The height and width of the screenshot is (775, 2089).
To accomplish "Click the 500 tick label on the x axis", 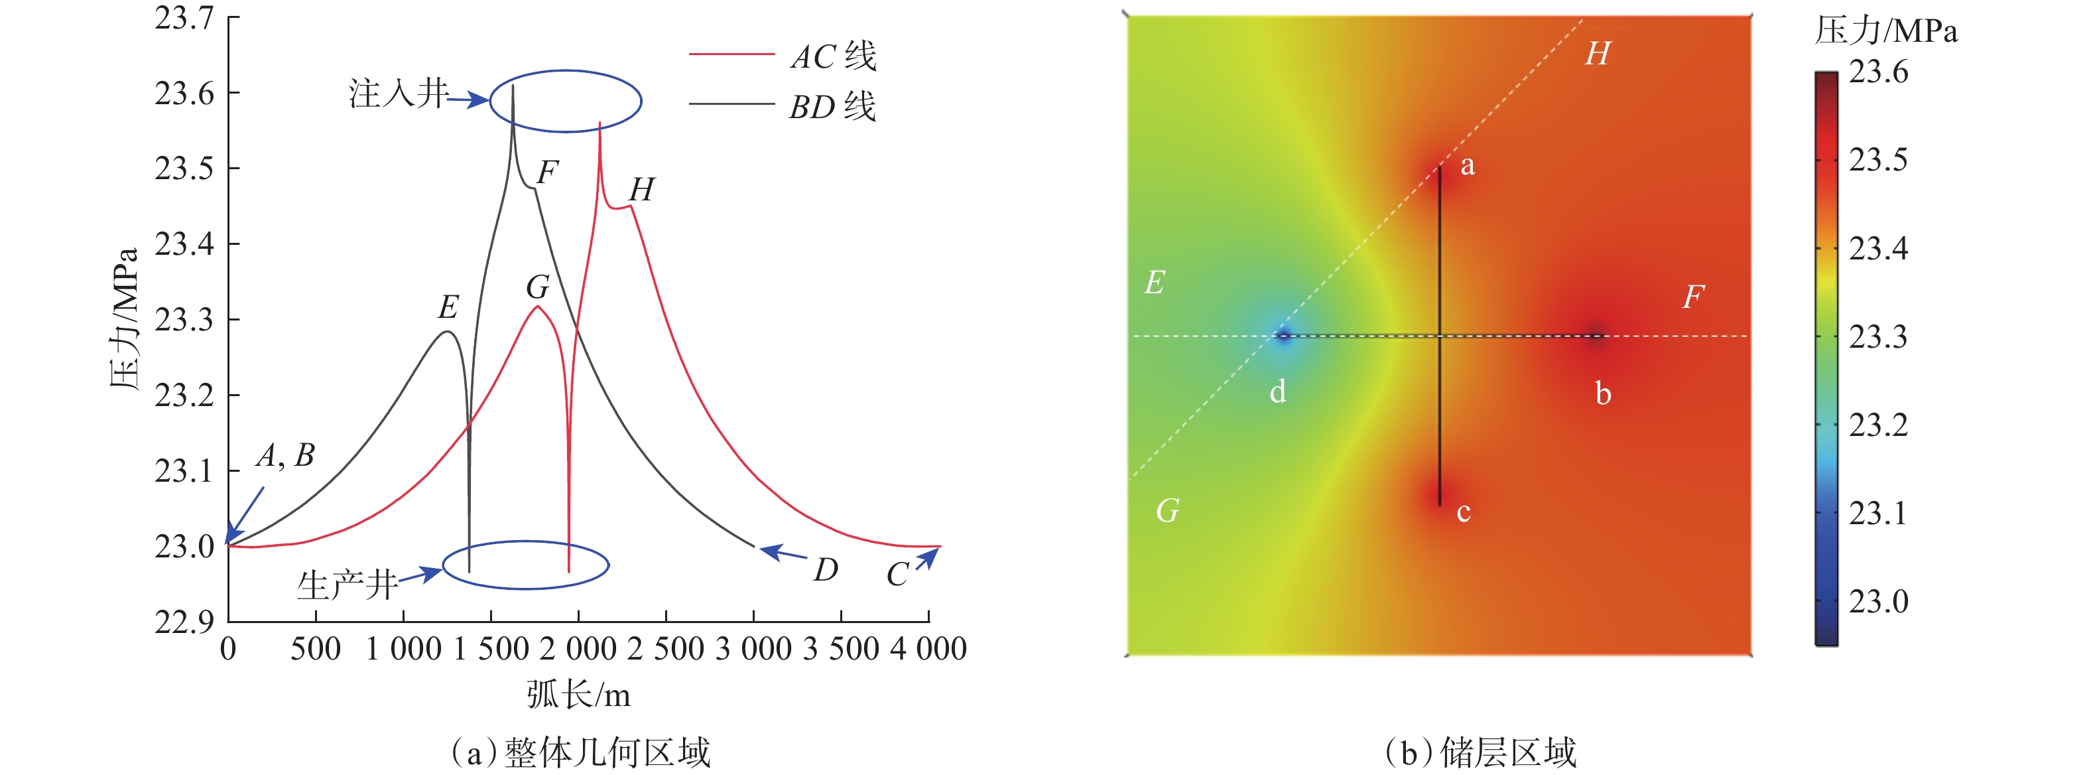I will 316,649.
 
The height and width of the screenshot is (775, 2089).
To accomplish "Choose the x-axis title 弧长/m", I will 578,695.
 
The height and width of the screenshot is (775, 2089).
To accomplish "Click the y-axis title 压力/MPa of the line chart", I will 124,319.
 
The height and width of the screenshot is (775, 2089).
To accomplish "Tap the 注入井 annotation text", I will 398,94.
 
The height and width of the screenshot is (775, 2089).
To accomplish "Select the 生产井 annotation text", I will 347,585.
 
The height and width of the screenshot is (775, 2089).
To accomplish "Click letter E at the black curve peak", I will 448,307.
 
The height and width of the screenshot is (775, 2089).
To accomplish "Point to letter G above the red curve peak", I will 538,287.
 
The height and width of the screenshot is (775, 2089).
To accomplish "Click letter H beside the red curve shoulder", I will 641,190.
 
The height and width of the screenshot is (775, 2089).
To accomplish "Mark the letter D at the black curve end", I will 826,570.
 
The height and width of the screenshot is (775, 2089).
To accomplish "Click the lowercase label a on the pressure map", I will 1467,165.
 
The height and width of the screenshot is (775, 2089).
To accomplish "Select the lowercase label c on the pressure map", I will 1463,512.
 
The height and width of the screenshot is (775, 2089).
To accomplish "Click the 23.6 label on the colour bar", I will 1878,72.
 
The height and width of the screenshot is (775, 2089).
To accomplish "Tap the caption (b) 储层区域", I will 1480,752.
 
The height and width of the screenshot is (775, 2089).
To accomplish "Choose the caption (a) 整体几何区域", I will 581,752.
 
